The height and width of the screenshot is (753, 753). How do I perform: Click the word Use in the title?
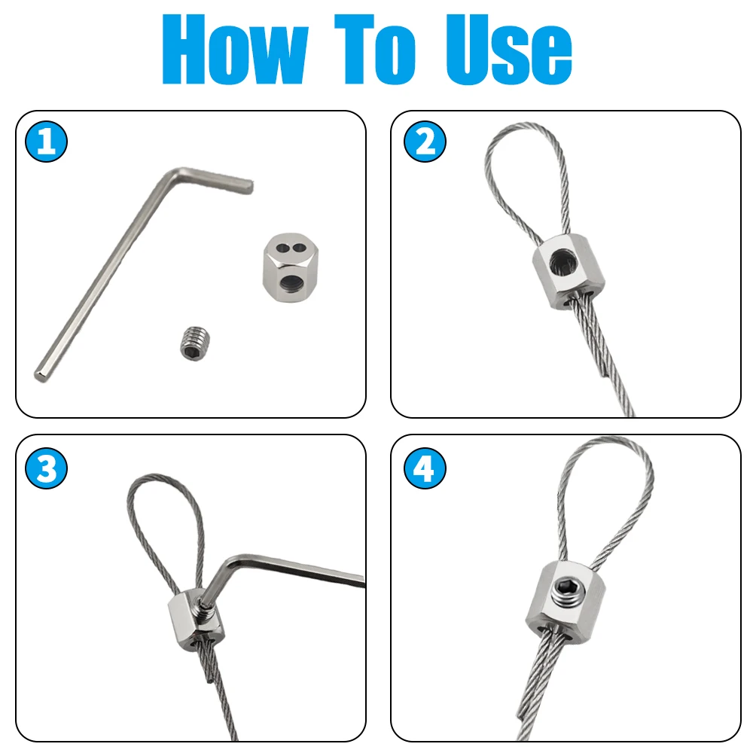click(x=508, y=51)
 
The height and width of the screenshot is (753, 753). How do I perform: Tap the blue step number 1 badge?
click(x=46, y=142)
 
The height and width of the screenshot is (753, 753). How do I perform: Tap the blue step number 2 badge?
click(x=425, y=142)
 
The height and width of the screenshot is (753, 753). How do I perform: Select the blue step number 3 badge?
click(x=46, y=469)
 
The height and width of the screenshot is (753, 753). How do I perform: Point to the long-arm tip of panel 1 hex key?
click(x=39, y=374)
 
